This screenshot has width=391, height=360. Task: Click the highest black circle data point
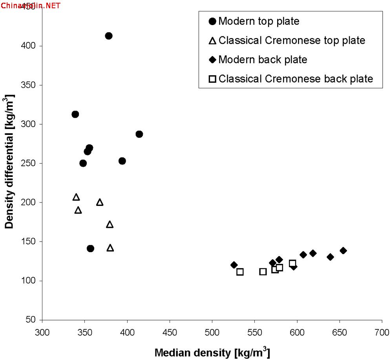click(108, 36)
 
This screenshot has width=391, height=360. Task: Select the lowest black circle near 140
click(90, 248)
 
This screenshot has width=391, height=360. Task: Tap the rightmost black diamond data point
click(343, 251)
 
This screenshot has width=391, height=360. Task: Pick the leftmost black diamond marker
click(234, 265)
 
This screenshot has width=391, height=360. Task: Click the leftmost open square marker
click(240, 272)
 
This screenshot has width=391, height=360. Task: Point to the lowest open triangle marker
click(110, 248)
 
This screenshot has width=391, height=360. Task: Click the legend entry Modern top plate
click(259, 21)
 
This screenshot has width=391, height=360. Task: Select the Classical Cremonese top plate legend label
click(292, 40)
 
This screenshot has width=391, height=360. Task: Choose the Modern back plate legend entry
click(263, 60)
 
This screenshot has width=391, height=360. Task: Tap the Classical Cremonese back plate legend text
click(296, 79)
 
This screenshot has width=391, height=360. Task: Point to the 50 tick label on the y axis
click(31, 320)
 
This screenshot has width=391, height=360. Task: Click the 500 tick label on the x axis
click(212, 332)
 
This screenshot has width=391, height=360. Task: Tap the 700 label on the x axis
click(382, 332)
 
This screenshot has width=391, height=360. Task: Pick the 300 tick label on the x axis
click(42, 332)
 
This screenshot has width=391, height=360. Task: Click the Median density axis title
click(212, 353)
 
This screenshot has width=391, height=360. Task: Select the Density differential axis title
click(9, 162)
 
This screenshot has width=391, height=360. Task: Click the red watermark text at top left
click(30, 5)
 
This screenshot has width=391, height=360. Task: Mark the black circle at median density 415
click(139, 134)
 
